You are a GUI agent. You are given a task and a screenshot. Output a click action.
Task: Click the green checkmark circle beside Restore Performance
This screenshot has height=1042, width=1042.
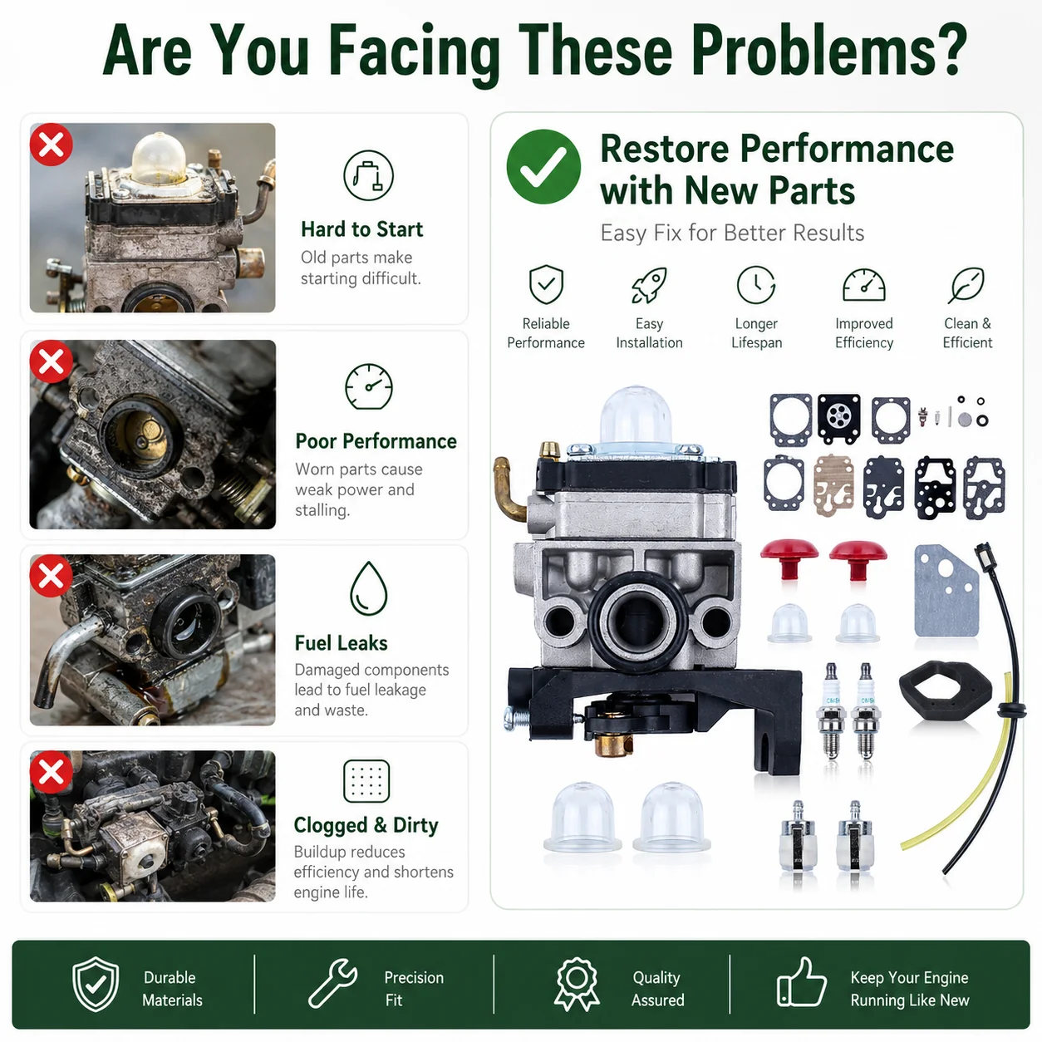543,166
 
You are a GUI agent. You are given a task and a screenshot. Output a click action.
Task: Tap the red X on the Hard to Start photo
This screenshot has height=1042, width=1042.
52,145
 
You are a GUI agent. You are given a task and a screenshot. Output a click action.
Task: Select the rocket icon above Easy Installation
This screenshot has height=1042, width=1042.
649,284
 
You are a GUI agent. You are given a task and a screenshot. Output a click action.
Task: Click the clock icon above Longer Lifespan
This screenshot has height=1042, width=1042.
756,284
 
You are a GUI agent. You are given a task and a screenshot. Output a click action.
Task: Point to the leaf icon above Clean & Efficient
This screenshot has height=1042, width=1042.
966,284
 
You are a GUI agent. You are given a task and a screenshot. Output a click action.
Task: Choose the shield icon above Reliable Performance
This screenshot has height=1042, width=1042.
546,284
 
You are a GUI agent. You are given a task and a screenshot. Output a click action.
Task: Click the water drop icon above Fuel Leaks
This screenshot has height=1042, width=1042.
369,588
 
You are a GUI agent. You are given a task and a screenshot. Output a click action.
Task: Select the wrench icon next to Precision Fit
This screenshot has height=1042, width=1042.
332,983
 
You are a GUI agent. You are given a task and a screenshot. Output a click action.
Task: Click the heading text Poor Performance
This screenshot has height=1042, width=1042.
376,441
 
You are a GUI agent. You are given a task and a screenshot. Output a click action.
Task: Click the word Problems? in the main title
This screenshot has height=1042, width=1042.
829,51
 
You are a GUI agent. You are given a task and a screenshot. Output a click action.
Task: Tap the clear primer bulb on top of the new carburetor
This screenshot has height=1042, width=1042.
636,415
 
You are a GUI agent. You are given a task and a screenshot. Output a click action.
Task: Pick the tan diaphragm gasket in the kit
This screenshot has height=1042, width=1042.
833,485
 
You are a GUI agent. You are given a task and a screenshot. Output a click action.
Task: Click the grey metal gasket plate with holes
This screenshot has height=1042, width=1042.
946,591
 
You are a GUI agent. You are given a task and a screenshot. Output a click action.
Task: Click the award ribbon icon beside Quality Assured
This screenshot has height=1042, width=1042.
577,984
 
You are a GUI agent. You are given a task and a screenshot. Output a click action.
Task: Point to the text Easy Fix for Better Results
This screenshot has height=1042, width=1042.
732,233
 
